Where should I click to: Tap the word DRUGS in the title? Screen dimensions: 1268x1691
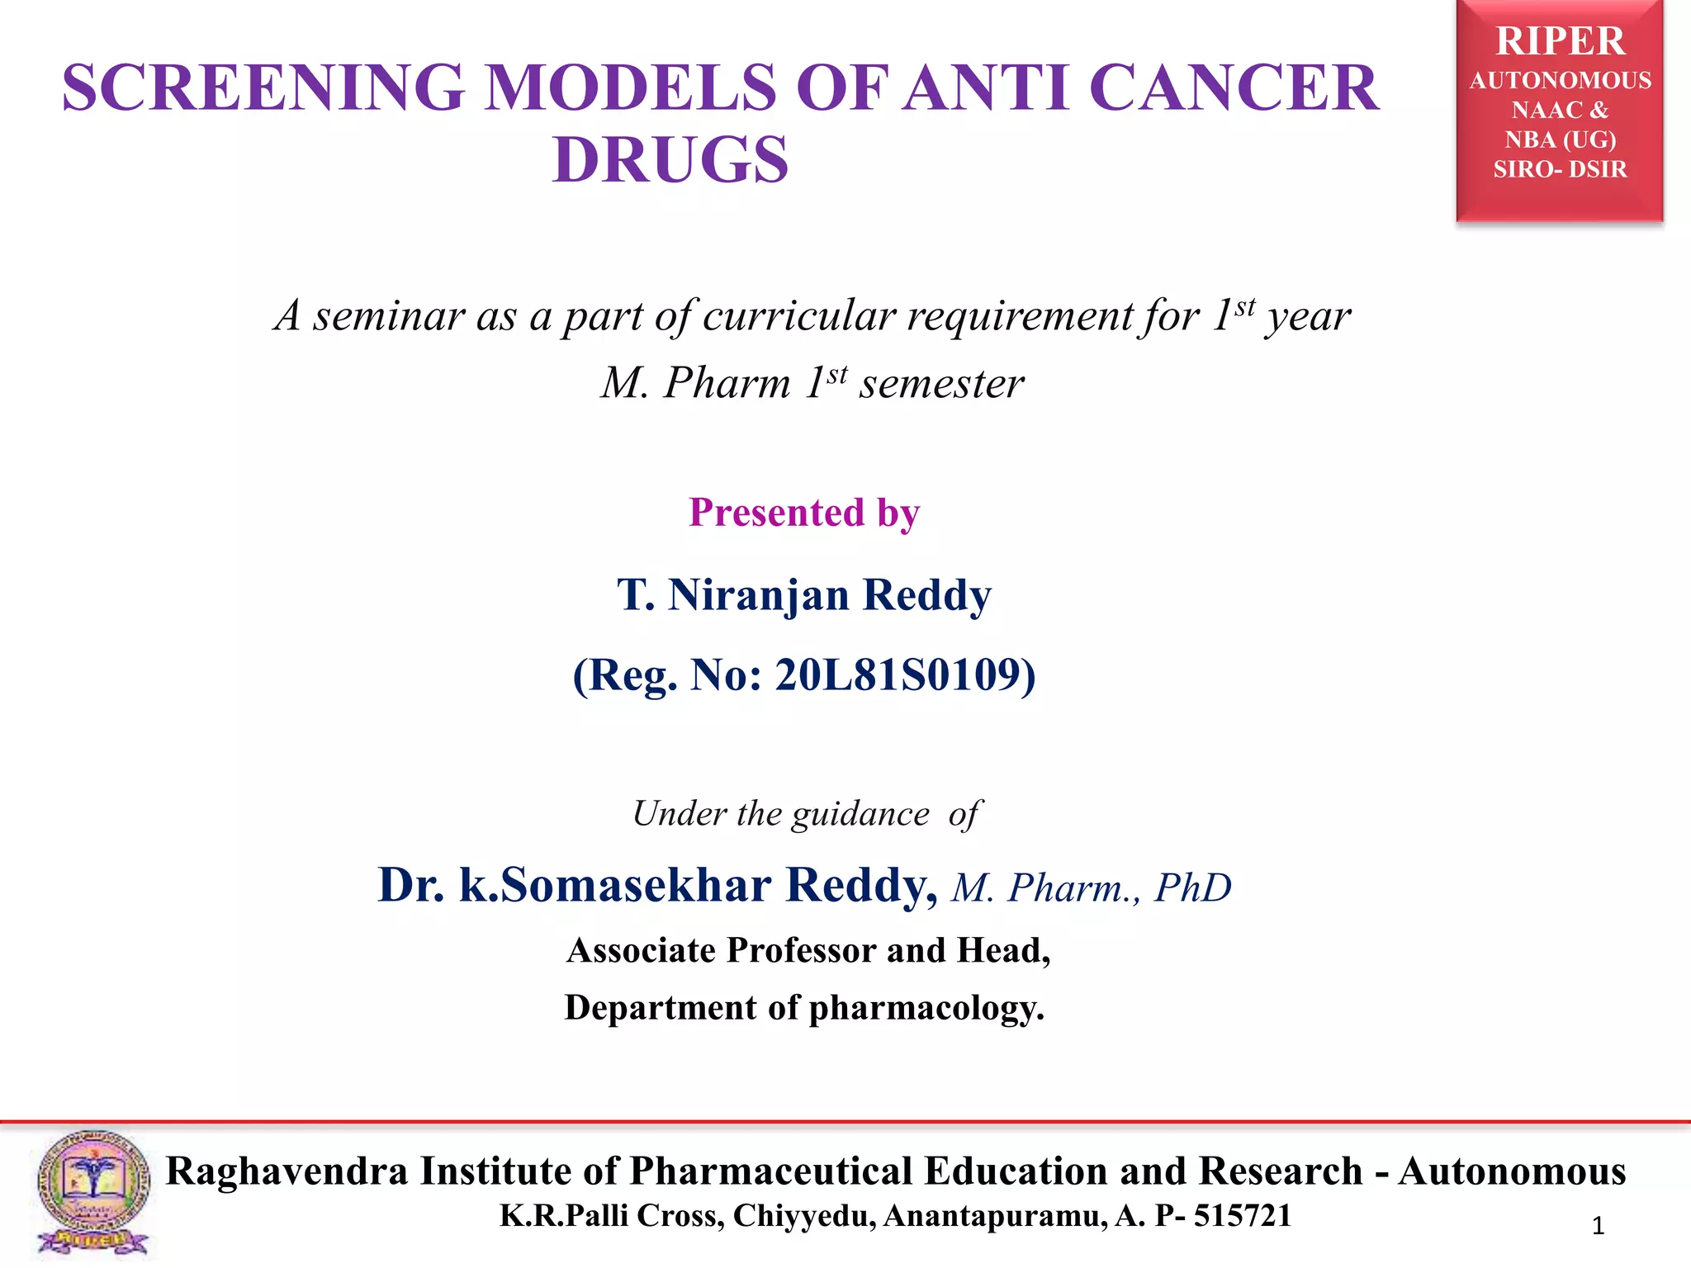[x=670, y=160]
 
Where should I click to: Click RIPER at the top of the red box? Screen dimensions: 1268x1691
[x=1560, y=41]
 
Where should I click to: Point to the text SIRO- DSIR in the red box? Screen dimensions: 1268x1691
[x=1560, y=169]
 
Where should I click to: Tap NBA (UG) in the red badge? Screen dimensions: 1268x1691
[x=1560, y=140]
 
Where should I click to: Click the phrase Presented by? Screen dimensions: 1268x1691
[x=804, y=513]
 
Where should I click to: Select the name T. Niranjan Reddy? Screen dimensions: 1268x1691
[x=804, y=595]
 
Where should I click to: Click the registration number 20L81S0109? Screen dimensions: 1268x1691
[x=898, y=675]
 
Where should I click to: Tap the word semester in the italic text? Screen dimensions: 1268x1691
[x=941, y=384]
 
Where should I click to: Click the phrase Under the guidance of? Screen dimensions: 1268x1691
[x=806, y=814]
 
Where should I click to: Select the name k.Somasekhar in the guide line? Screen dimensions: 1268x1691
[x=615, y=886]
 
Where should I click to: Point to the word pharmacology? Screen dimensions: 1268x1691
[x=926, y=1009]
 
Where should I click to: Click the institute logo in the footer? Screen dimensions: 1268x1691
[x=93, y=1192]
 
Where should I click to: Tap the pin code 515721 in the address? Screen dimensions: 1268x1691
[x=1242, y=1216]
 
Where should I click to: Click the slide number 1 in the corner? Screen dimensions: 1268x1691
[x=1598, y=1226]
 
